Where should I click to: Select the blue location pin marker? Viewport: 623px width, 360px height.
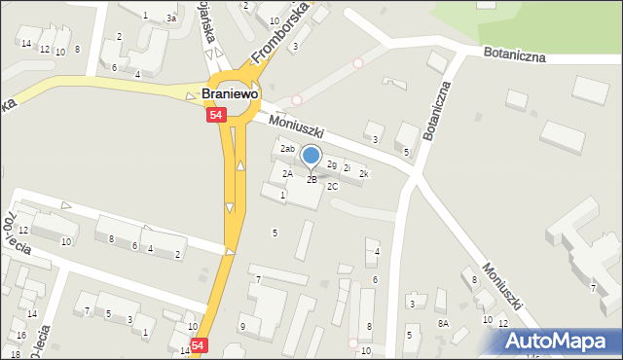311,157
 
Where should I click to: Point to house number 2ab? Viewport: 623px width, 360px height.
287,149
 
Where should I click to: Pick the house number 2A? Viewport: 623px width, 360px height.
287,173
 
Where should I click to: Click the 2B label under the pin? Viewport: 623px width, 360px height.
311,180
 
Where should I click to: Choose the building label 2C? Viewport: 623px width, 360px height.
332,186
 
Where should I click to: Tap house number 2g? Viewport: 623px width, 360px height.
332,163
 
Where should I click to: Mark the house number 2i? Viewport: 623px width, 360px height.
347,168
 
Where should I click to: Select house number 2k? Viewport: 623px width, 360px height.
364,174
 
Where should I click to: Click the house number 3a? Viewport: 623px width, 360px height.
171,18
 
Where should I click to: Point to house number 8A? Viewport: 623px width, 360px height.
443,323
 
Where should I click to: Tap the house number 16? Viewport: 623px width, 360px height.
21,336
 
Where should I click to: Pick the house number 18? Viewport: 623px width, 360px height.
15,354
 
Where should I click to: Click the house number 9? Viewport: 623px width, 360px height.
242,326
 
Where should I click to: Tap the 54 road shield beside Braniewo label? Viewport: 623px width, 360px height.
216,115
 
